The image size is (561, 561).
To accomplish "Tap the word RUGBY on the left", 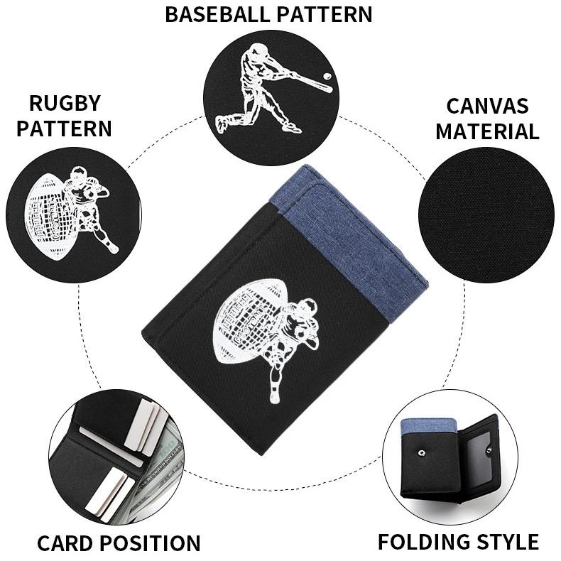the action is pyautogui.click(x=64, y=103).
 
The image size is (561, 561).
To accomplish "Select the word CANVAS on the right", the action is pyautogui.click(x=487, y=106).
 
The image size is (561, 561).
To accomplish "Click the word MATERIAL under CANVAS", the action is pyautogui.click(x=487, y=131).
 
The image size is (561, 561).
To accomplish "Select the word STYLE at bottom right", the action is pyautogui.click(x=508, y=542).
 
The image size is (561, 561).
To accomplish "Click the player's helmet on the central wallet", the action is pyautogui.click(x=307, y=307).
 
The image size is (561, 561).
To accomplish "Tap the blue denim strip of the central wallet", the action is pyautogui.click(x=355, y=234).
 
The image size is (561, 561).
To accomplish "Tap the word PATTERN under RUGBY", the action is pyautogui.click(x=64, y=129).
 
